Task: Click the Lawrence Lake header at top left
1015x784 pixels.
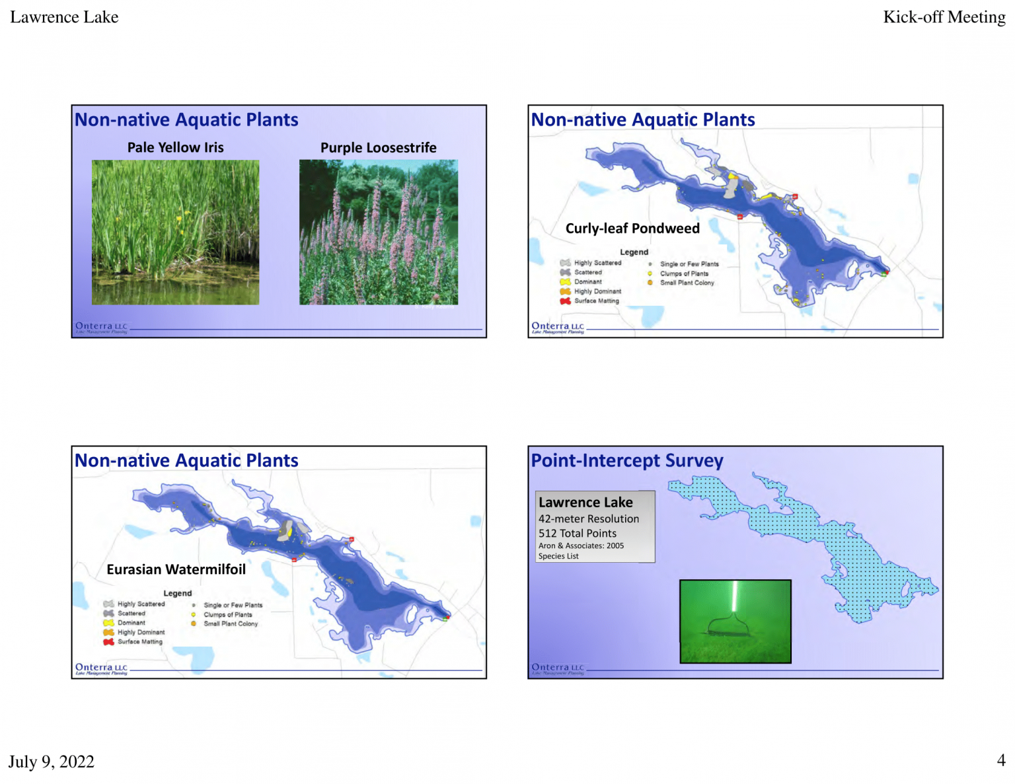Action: [64, 17]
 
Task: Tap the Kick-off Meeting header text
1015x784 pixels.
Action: [944, 17]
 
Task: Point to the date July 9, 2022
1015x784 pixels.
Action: [52, 762]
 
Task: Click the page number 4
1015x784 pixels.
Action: [1000, 760]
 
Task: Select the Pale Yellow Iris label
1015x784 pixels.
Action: [175, 147]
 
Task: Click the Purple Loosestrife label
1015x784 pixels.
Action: [378, 147]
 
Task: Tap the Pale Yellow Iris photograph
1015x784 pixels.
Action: [175, 232]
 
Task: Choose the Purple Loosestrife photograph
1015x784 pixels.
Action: [378, 232]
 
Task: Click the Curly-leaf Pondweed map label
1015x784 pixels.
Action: [632, 229]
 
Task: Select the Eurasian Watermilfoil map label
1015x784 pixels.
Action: [176, 569]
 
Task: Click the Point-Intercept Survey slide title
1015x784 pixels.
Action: [626, 460]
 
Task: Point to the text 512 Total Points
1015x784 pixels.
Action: [577, 533]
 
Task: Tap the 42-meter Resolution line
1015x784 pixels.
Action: [588, 519]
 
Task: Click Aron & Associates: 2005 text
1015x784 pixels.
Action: [580, 546]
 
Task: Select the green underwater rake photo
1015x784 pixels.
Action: [735, 621]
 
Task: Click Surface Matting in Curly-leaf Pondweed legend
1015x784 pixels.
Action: [596, 301]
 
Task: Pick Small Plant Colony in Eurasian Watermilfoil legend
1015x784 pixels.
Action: [230, 624]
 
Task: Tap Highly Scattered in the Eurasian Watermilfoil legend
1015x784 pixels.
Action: [141, 604]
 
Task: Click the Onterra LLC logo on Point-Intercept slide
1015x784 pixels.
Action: [558, 668]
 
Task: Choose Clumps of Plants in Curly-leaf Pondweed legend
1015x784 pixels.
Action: [683, 273]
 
